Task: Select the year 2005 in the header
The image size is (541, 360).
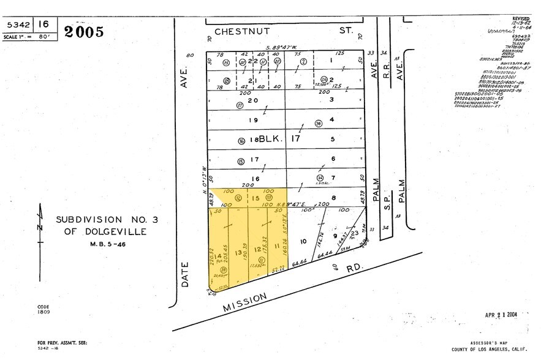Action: coord(84,32)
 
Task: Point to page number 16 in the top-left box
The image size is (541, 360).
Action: coord(43,24)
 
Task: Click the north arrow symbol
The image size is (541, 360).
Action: coord(40,225)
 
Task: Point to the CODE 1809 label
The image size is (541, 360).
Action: coord(43,309)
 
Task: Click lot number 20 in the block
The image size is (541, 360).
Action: coord(252,101)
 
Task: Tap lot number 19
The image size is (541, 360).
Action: coord(252,120)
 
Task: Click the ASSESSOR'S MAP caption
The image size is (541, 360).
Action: coord(486,343)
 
